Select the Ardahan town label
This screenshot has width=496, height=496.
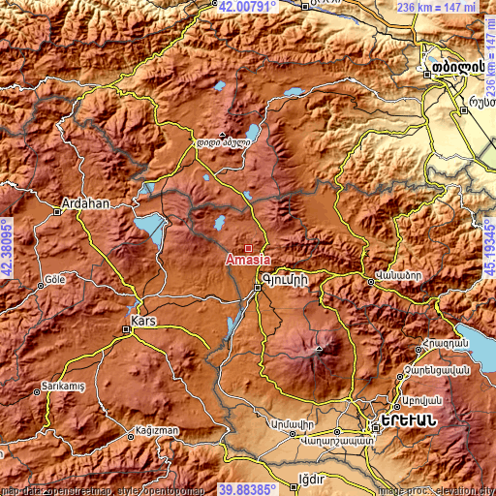pyautogui.click(x=84, y=204)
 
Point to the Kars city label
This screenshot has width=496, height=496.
pyautogui.click(x=142, y=319)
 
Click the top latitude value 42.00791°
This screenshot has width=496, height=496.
pyautogui.click(x=248, y=6)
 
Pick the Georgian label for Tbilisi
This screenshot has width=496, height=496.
pyautogui.click(x=444, y=72)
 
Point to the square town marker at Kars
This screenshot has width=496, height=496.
pyautogui.click(x=127, y=329)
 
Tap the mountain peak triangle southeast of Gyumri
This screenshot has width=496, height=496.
pyautogui.click(x=318, y=346)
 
